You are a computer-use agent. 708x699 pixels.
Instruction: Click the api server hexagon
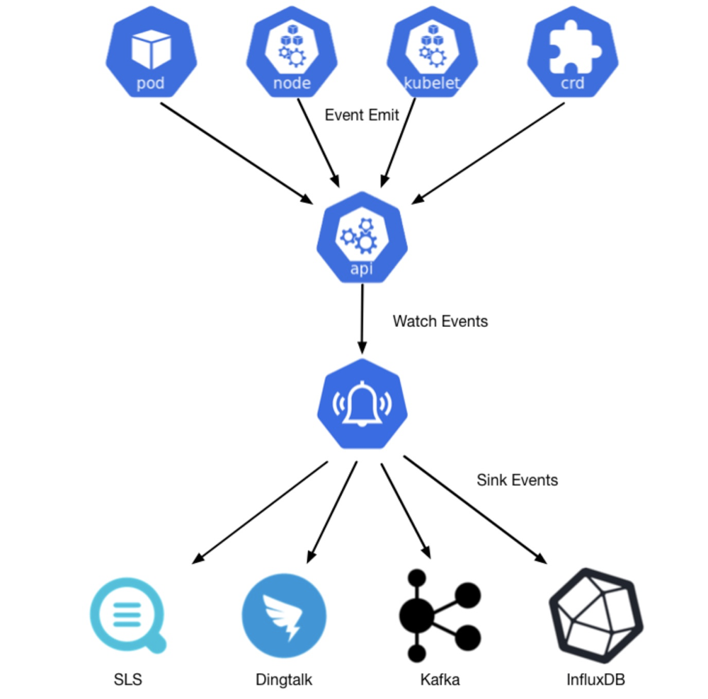click(362, 238)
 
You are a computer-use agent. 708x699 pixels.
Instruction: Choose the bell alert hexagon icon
click(362, 403)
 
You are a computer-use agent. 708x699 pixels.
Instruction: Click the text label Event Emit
click(362, 115)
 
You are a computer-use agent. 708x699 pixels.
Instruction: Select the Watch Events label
click(440, 321)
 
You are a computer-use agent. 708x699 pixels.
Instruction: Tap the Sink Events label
click(517, 480)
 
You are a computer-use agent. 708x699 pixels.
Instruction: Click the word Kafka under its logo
click(440, 680)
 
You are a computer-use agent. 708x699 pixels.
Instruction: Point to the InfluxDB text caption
click(595, 680)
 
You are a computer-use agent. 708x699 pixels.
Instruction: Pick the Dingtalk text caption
click(284, 680)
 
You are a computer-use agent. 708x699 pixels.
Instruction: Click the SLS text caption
click(128, 680)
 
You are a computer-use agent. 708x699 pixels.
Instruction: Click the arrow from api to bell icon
click(362, 318)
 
